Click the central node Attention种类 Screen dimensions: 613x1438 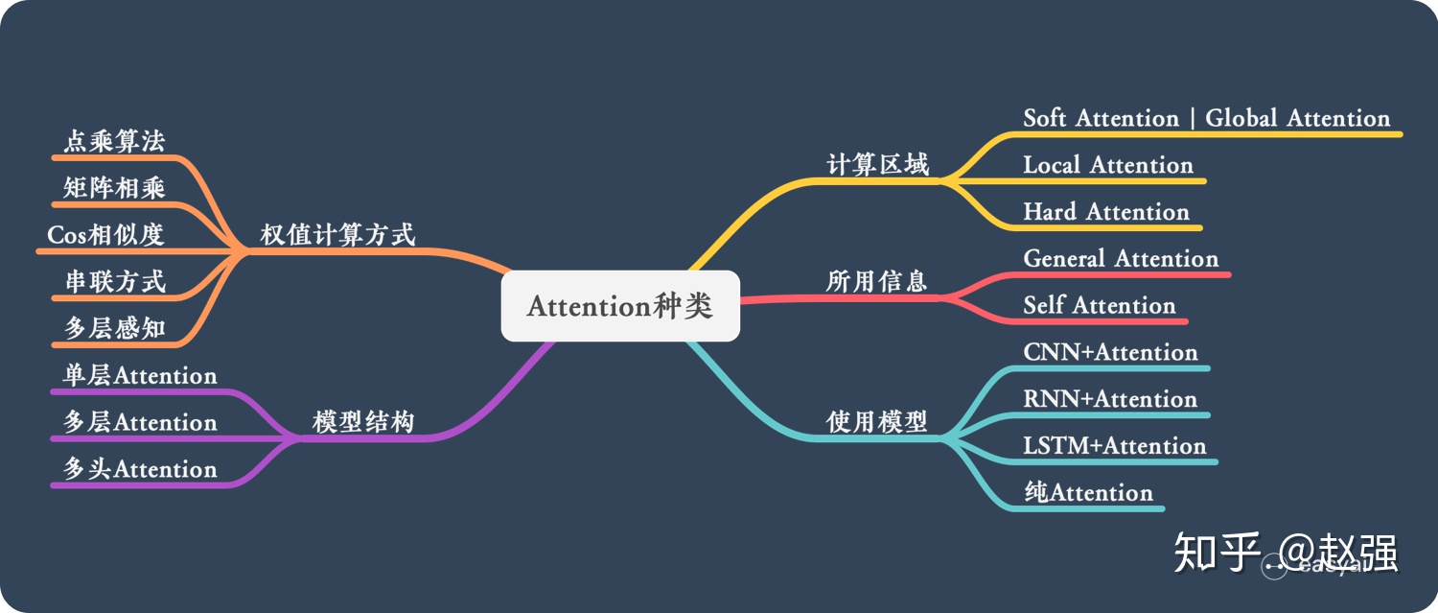[620, 306]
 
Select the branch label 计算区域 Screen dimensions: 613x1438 [877, 165]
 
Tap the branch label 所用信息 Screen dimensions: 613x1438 [876, 281]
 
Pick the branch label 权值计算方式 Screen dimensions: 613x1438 [337, 235]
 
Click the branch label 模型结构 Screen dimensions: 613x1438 [363, 422]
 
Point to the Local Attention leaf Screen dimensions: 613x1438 [1107, 165]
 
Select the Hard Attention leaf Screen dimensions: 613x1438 [1105, 212]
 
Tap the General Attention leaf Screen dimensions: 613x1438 [1121, 259]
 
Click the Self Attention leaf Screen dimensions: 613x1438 [1099, 306]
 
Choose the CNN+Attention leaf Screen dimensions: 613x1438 [1110, 353]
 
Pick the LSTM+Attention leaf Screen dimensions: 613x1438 [1114, 446]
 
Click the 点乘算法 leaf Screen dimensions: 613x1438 [114, 142]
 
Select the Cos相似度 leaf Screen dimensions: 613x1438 [105, 235]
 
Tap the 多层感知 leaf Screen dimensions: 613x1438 [114, 329]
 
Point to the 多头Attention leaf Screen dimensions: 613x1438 [140, 469]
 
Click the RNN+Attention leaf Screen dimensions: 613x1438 [1110, 399]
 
